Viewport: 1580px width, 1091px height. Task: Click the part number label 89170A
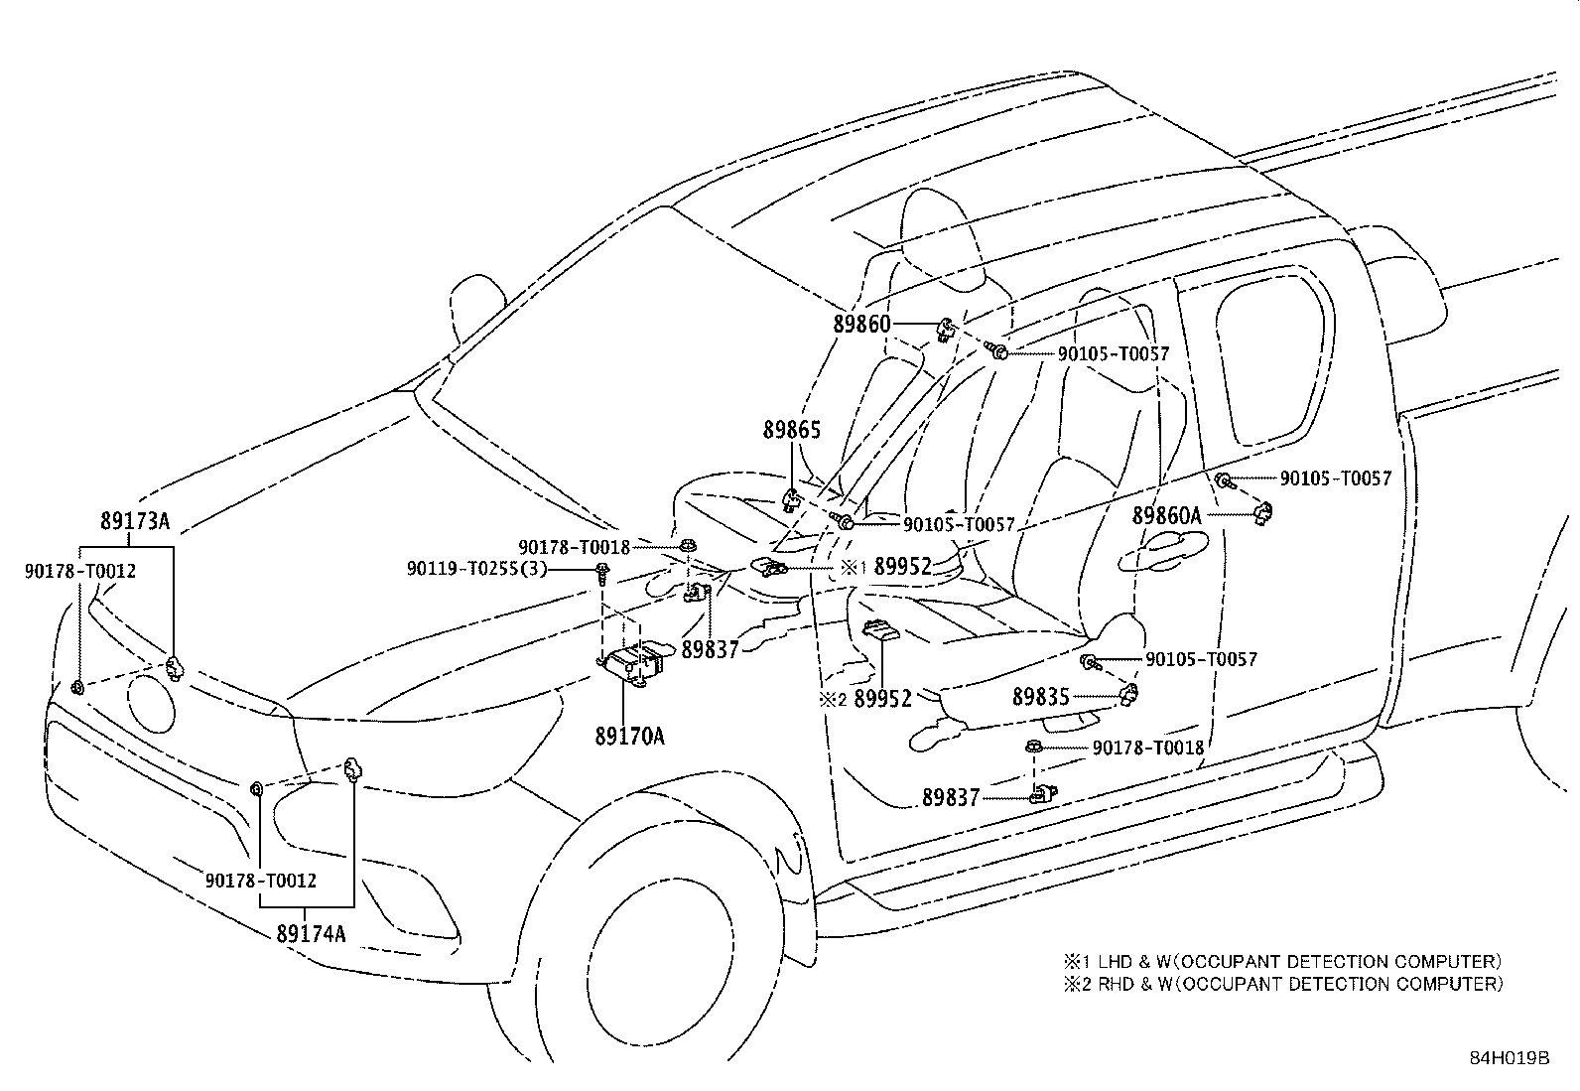click(629, 737)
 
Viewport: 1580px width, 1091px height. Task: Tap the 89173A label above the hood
click(135, 521)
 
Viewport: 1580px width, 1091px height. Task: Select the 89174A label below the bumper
click(311, 933)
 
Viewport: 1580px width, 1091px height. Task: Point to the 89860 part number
click(861, 324)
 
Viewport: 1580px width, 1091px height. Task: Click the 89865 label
click(791, 430)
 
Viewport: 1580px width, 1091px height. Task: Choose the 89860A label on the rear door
click(1167, 516)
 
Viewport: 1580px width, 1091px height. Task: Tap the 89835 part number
click(1041, 697)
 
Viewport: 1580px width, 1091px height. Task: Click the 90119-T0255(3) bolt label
click(476, 568)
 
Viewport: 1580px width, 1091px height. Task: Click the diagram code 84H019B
click(1511, 1058)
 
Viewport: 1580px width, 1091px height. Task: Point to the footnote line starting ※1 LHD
click(1283, 961)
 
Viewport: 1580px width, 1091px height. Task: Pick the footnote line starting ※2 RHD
click(1284, 984)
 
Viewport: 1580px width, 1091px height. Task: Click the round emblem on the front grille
click(151, 704)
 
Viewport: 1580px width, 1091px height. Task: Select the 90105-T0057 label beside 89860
click(1114, 353)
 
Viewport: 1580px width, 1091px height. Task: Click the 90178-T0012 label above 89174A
click(261, 880)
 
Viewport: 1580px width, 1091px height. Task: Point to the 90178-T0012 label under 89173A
click(80, 570)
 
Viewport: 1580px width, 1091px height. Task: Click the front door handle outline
click(1162, 550)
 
